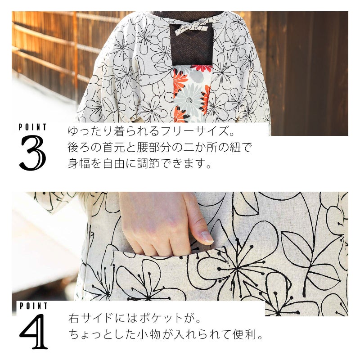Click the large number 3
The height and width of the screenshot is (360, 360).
[32, 153]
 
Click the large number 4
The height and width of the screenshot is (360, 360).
[33, 331]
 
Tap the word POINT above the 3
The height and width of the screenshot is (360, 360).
[32, 127]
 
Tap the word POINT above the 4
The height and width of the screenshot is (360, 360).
[33, 306]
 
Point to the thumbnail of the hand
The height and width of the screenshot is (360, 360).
[207, 237]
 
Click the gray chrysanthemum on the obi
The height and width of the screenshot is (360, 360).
[189, 99]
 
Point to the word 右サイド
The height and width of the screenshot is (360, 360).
[91, 318]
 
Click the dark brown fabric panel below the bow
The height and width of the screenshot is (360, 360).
[192, 48]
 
